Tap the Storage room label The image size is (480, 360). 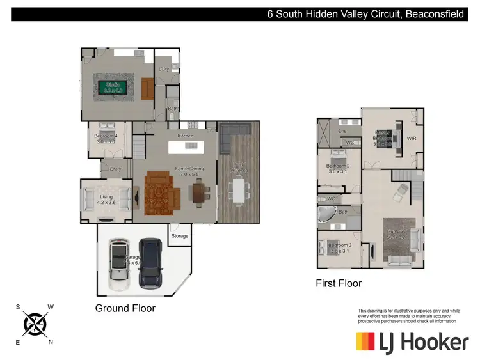click(180, 236)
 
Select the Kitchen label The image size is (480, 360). click(186, 136)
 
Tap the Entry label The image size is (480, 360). click(115, 169)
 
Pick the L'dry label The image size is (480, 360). click(164, 68)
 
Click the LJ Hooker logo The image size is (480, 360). click(412, 341)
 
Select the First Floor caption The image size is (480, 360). click(339, 283)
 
